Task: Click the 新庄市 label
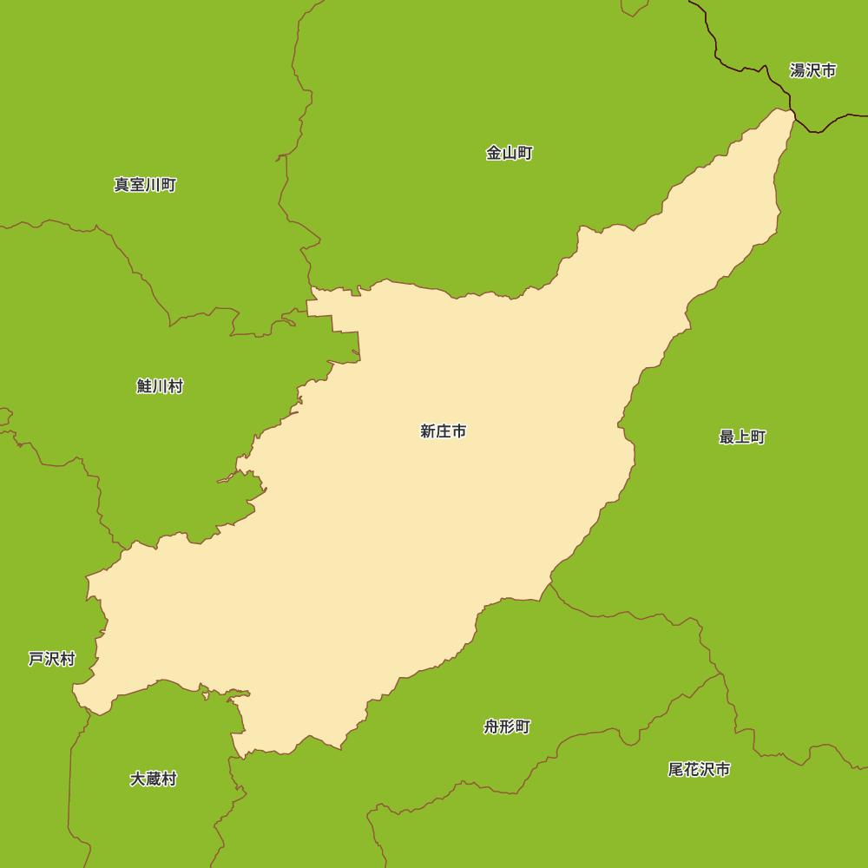(x=443, y=431)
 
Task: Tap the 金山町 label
(x=509, y=154)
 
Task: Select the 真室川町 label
(x=145, y=185)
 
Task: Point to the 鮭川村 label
(x=160, y=386)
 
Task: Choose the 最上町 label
(x=742, y=437)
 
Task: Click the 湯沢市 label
(x=812, y=71)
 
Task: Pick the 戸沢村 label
(x=51, y=660)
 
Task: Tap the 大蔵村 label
(x=153, y=779)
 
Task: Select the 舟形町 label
(x=507, y=727)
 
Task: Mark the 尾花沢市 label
(x=699, y=770)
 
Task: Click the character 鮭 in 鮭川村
(x=144, y=386)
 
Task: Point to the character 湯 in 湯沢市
(x=797, y=71)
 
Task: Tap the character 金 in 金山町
(x=493, y=154)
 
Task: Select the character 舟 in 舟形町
(x=491, y=727)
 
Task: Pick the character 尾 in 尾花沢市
(x=675, y=770)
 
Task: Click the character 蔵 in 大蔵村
(x=153, y=779)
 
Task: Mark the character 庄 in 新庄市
(x=443, y=431)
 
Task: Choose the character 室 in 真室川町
(x=137, y=185)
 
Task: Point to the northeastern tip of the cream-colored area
(x=791, y=112)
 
